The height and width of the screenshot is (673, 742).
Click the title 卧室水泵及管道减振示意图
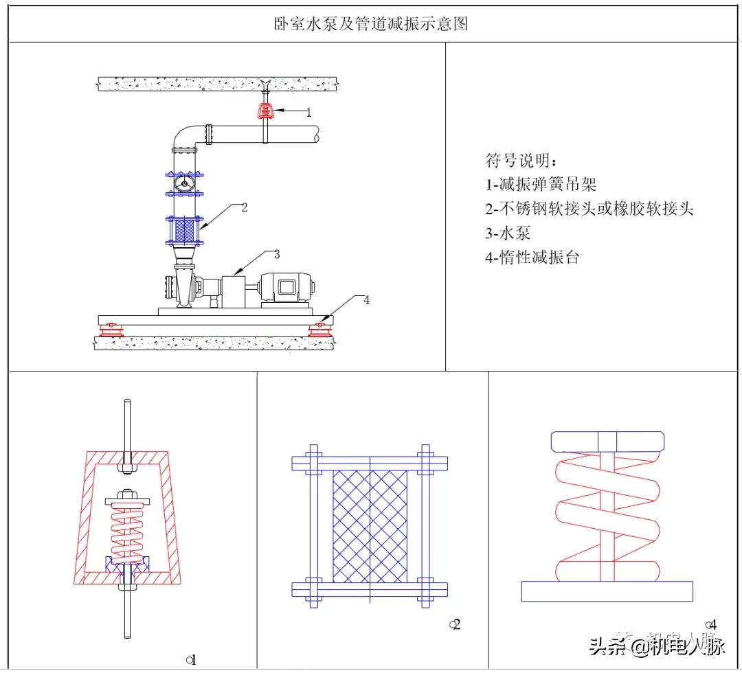coord(370,25)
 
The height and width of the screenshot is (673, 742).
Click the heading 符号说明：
coord(522,161)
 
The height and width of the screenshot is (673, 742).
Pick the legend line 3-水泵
coord(508,233)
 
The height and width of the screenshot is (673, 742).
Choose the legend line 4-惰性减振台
coord(532,258)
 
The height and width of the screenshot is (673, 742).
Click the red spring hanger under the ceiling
coord(265,111)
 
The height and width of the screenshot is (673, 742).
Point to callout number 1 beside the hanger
coord(308,112)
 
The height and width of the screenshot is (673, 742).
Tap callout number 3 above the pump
coord(277,254)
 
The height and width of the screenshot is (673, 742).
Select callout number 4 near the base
coord(367,300)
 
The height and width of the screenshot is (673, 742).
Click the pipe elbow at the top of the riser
coord(184,137)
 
